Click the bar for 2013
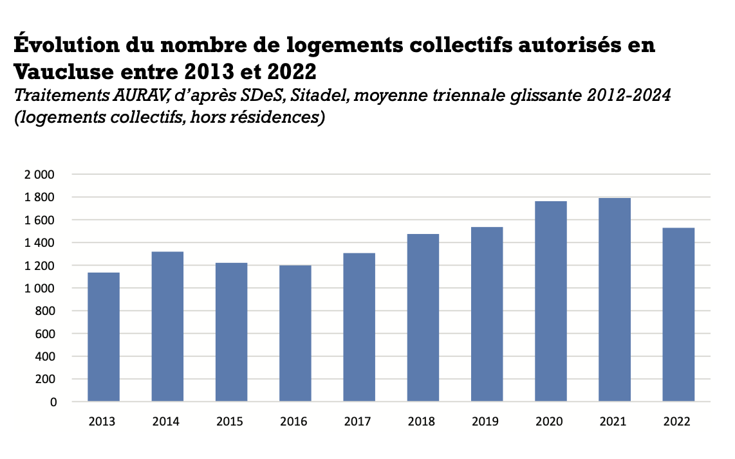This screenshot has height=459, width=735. click(103, 337)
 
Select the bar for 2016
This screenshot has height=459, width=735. click(295, 334)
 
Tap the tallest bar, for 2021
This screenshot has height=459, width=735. click(615, 300)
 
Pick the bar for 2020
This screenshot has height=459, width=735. click(552, 301)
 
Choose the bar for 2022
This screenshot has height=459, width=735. click(679, 315)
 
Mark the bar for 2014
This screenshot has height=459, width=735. click(167, 327)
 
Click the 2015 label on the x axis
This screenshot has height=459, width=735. click(230, 422)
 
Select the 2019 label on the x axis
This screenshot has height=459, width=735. click(485, 422)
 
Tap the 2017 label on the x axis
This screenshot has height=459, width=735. click(357, 422)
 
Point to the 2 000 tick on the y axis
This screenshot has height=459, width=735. click(41, 175)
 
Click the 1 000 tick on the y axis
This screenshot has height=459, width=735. click(41, 289)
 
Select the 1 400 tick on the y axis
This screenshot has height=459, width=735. click(41, 243)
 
